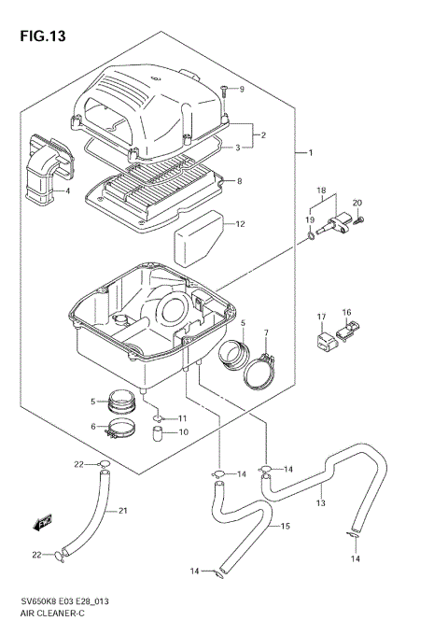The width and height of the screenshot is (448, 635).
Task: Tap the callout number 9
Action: [241, 89]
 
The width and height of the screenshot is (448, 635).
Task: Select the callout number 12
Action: [240, 224]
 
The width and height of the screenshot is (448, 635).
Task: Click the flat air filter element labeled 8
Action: [154, 191]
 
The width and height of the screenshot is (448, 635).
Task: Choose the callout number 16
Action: [345, 313]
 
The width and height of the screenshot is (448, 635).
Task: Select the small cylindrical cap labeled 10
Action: [161, 433]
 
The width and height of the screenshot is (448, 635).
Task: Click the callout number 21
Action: [122, 511]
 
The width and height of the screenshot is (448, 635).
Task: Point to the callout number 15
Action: [286, 528]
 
